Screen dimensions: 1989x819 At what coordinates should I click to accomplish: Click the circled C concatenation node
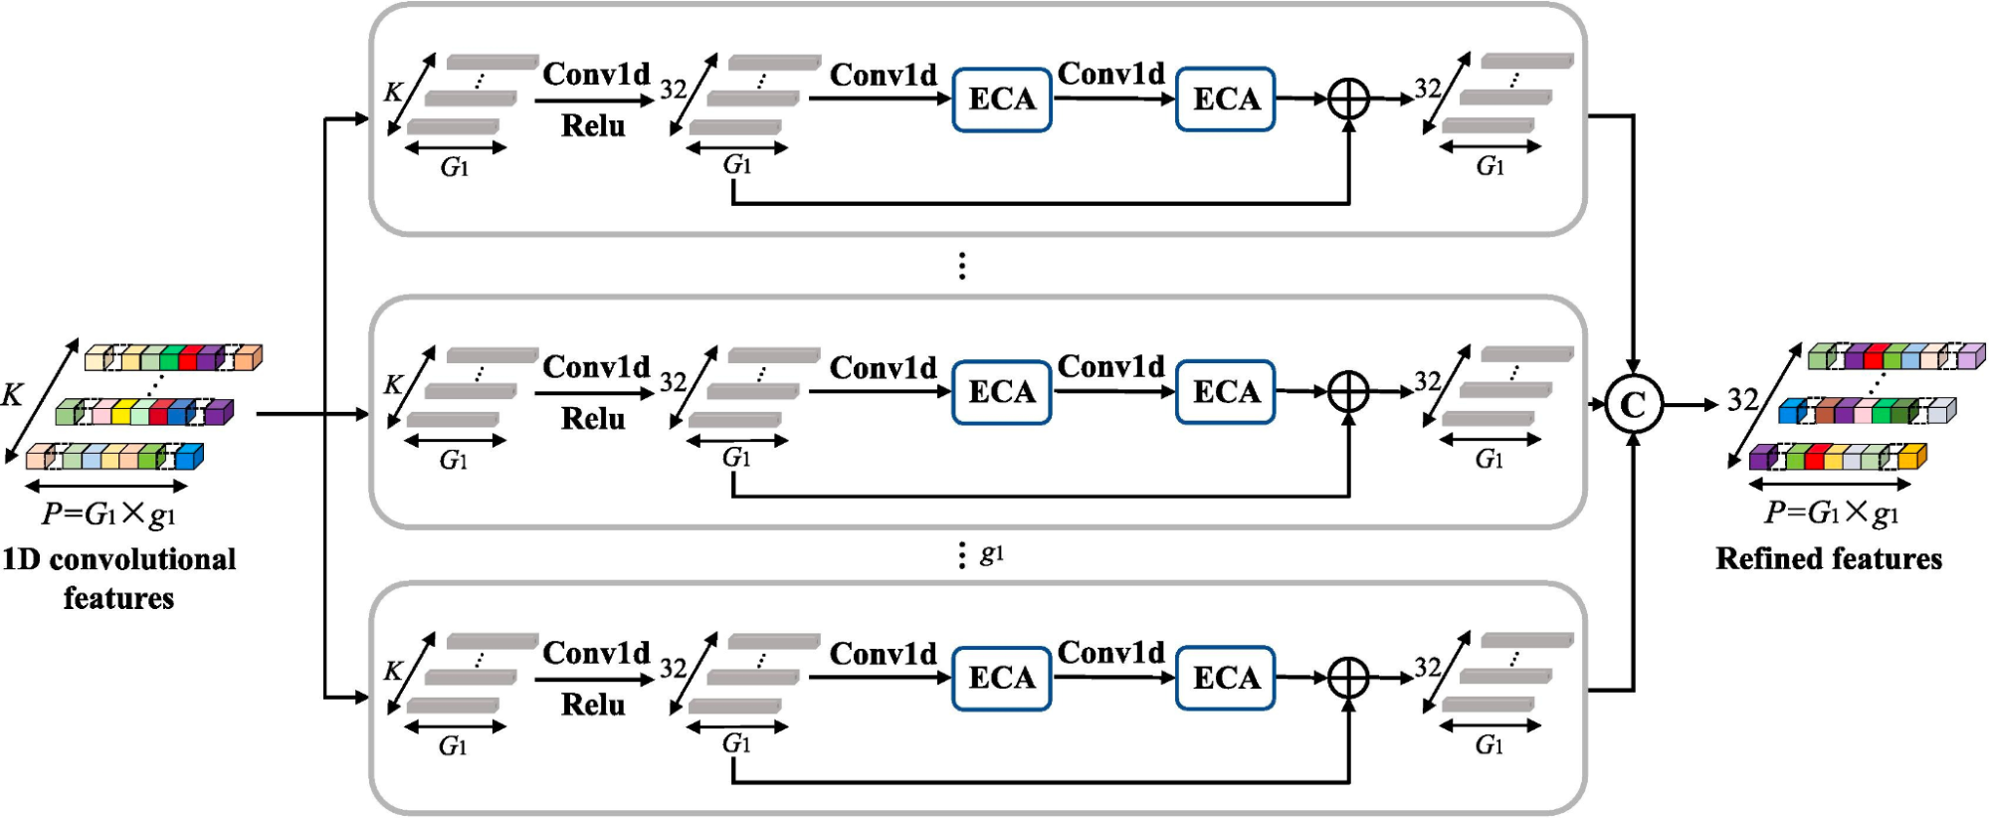1633,405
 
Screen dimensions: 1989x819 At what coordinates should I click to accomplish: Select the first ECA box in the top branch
1002,100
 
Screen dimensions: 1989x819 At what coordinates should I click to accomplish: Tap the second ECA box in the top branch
1226,100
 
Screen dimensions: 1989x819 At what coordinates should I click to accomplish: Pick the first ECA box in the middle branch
1002,392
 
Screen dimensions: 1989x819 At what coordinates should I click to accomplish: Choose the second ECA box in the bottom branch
1226,678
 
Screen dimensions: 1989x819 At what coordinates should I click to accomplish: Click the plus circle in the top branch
1348,100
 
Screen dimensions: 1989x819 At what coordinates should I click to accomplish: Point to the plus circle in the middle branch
1348,392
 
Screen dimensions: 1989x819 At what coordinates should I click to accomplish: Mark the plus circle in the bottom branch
1348,678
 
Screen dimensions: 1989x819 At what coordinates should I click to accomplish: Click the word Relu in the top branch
593,125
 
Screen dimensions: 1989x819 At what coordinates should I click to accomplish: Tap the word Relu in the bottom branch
593,705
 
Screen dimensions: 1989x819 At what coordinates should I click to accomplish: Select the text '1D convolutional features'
119,578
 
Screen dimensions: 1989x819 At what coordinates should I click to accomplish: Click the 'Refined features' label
1829,558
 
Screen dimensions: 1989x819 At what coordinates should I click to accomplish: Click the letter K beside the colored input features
12,395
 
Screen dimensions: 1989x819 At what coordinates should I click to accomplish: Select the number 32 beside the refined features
1742,400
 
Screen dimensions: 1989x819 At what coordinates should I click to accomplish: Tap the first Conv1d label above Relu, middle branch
596,366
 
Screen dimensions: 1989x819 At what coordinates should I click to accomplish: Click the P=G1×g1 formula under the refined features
1832,512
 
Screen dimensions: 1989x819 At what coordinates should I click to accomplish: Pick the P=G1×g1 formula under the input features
108,514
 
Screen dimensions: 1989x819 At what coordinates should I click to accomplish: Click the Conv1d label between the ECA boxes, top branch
1111,73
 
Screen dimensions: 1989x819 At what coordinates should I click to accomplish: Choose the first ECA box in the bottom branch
1002,678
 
